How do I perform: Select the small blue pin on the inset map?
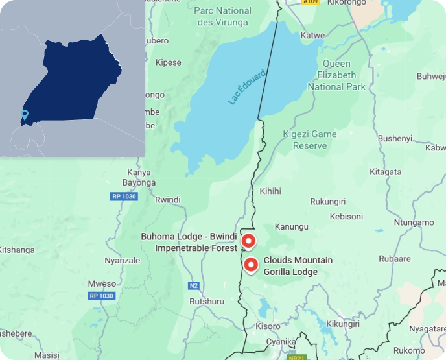25,115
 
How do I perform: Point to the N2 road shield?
193,285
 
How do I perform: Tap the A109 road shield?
311,3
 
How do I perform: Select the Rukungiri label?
329,202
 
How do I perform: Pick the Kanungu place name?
291,227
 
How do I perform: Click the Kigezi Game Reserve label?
310,139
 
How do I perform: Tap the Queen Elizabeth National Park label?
336,75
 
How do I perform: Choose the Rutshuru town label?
206,302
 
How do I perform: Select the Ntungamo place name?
414,222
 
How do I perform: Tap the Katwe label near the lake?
313,35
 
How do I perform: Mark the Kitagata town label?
385,172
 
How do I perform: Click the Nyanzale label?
122,261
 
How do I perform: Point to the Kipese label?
169,63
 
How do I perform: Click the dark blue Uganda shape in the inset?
76,78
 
